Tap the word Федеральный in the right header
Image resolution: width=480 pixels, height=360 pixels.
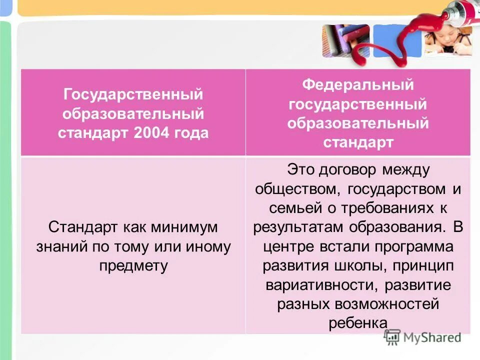(357, 84)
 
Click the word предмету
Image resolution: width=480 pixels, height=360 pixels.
(133, 265)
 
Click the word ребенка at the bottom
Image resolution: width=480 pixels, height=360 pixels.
(358, 323)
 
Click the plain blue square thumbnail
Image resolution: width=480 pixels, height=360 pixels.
(397, 40)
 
